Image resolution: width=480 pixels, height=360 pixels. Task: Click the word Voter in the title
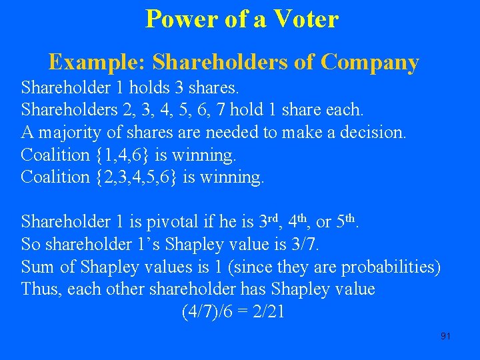tap(303, 19)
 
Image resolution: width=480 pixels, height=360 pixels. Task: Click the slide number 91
tap(446, 336)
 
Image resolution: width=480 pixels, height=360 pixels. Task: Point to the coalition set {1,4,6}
tap(123, 155)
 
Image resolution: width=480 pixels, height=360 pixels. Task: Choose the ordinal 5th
tap(349, 220)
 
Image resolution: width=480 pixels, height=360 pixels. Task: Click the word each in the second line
tap(345, 108)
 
